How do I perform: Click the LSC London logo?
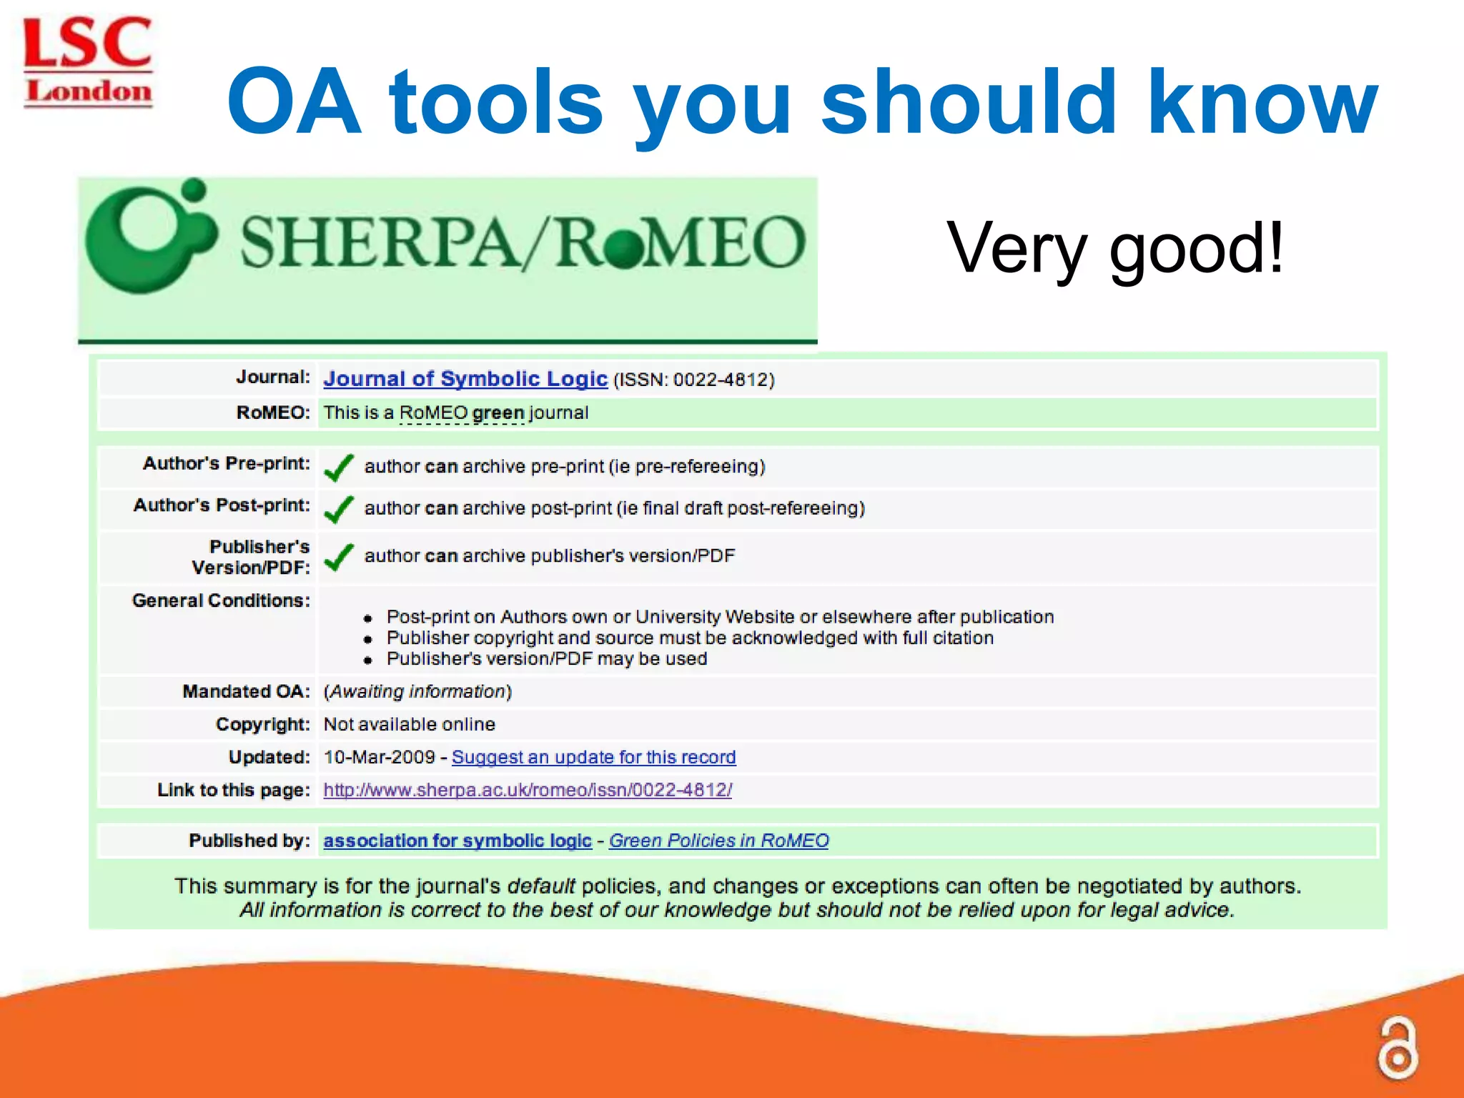pyautogui.click(x=87, y=63)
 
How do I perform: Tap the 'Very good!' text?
pyautogui.click(x=1115, y=248)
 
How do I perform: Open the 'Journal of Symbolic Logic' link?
pyautogui.click(x=465, y=378)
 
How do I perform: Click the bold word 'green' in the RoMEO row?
pyautogui.click(x=498, y=413)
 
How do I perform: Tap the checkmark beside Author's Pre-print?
pyautogui.click(x=339, y=468)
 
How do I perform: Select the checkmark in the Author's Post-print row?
pyautogui.click(x=339, y=509)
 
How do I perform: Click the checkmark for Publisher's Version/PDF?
pyautogui.click(x=339, y=557)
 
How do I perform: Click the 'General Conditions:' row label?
pyautogui.click(x=221, y=600)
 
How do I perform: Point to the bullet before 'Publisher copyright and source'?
pyautogui.click(x=368, y=639)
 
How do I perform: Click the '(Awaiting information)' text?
pyautogui.click(x=417, y=691)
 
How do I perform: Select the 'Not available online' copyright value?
pyautogui.click(x=409, y=724)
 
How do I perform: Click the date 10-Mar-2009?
pyautogui.click(x=379, y=757)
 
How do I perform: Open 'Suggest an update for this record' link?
pyautogui.click(x=593, y=757)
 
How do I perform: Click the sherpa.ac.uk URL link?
pyautogui.click(x=527, y=790)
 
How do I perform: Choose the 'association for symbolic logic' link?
pyautogui.click(x=457, y=841)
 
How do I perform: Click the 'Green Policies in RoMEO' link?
pyautogui.click(x=718, y=841)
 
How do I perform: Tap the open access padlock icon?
pyautogui.click(x=1398, y=1048)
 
